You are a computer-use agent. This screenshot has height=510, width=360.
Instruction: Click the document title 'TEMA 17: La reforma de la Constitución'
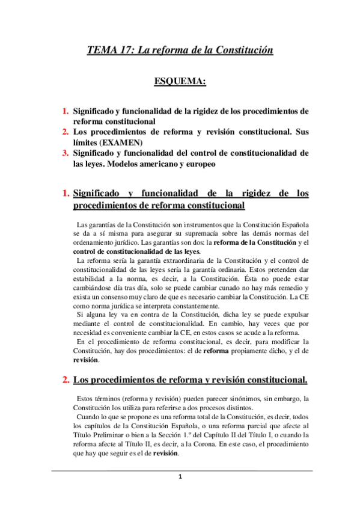tap(180, 52)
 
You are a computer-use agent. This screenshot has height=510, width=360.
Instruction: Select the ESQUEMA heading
tap(180, 81)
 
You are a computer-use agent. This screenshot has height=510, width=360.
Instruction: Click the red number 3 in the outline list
tap(66, 153)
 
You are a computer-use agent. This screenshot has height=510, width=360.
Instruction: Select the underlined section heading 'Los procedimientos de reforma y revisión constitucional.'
tap(190, 379)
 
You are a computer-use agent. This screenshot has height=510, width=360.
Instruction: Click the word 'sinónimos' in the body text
tap(227, 398)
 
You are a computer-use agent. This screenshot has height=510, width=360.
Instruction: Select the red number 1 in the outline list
tap(66, 111)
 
